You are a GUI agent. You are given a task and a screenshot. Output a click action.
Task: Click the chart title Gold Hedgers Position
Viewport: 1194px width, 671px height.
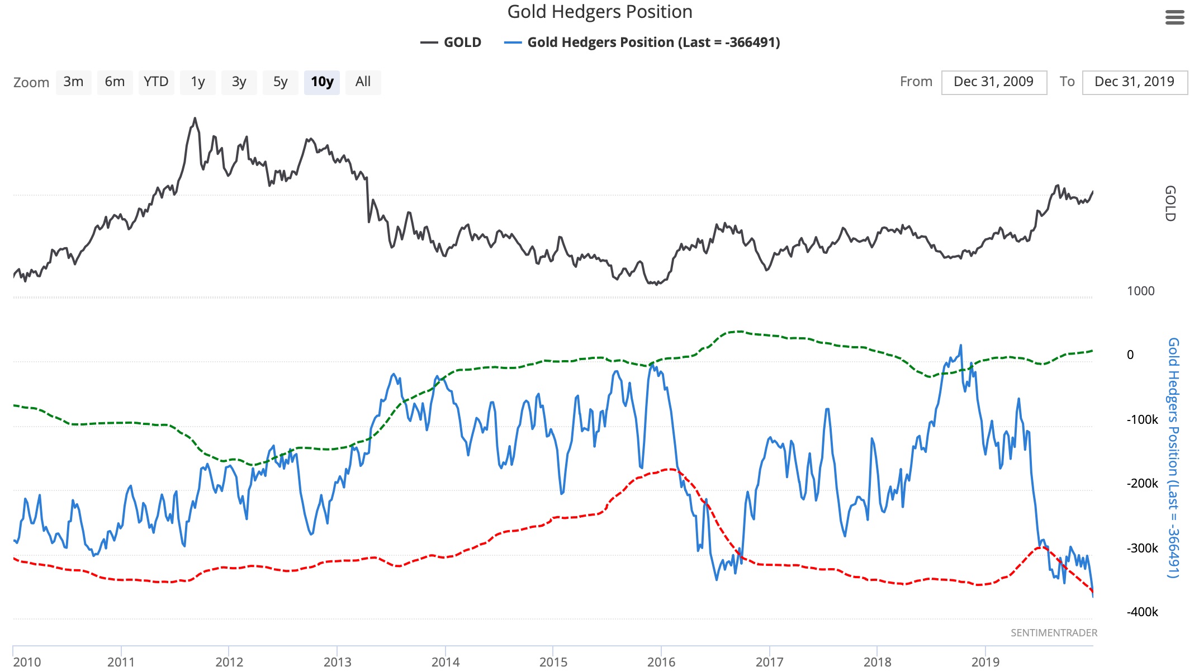click(599, 12)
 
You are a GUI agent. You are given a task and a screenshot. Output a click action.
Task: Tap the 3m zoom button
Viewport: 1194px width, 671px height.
click(73, 82)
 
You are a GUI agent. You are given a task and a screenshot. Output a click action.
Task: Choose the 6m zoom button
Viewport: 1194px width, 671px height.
click(115, 82)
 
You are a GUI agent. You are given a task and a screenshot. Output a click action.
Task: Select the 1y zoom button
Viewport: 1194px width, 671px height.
click(197, 82)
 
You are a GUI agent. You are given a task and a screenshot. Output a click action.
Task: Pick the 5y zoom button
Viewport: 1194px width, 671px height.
click(280, 82)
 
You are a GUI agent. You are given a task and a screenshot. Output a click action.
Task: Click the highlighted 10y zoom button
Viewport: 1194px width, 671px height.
click(322, 82)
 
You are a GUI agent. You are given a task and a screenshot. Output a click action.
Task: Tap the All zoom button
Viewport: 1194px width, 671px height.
click(363, 82)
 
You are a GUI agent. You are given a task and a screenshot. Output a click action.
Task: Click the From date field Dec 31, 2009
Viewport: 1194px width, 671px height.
click(993, 82)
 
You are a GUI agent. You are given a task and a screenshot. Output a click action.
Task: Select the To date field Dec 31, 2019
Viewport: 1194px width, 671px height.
click(1134, 82)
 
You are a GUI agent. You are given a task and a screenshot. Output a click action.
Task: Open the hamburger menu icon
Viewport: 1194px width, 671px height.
click(1174, 18)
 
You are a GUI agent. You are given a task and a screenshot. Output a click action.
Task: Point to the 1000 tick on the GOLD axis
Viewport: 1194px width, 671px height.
click(1140, 291)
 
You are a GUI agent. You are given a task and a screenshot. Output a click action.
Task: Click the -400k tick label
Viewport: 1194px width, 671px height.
click(1142, 612)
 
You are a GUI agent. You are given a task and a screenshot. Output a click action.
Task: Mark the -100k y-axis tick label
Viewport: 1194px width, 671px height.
click(1142, 419)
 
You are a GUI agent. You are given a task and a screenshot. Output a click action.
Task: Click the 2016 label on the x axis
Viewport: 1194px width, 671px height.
click(661, 662)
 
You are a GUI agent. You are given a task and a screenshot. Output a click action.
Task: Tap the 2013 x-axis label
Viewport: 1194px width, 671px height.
click(337, 662)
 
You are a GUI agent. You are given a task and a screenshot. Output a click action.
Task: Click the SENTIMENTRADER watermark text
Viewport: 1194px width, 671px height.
click(1054, 632)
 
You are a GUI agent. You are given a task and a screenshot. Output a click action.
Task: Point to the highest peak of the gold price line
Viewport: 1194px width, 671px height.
click(195, 118)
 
